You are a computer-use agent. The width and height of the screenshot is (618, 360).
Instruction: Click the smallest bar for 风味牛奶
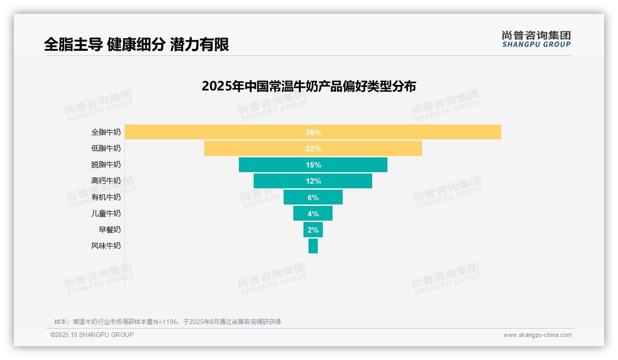tap(313, 246)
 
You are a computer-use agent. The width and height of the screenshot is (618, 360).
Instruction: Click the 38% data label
tap(313, 132)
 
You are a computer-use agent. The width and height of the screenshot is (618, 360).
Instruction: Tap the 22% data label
tap(313, 149)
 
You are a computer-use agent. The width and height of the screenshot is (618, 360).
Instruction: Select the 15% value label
tap(313, 165)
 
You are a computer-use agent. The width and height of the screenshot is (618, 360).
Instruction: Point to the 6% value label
tap(313, 198)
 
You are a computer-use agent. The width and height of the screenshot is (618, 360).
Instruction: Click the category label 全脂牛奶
tap(106, 132)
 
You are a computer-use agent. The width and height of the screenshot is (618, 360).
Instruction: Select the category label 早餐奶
tap(110, 229)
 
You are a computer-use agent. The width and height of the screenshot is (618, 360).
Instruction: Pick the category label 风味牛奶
tap(106, 246)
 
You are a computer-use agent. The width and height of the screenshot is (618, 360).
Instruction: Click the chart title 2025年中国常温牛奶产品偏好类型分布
tap(309, 86)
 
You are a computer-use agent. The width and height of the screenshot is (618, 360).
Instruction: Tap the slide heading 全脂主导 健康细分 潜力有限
tap(137, 45)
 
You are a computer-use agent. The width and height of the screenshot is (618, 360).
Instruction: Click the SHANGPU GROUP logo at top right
tap(536, 39)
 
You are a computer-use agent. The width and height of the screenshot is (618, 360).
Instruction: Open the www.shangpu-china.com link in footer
tap(537, 335)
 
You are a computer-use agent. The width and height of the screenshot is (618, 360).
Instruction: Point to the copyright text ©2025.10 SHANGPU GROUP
tap(92, 335)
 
